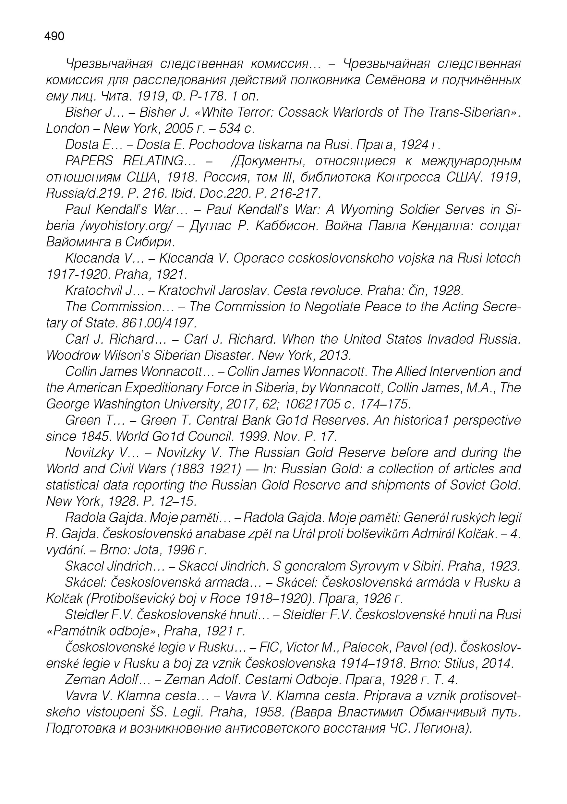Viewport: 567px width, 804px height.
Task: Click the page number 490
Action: [54, 36]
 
